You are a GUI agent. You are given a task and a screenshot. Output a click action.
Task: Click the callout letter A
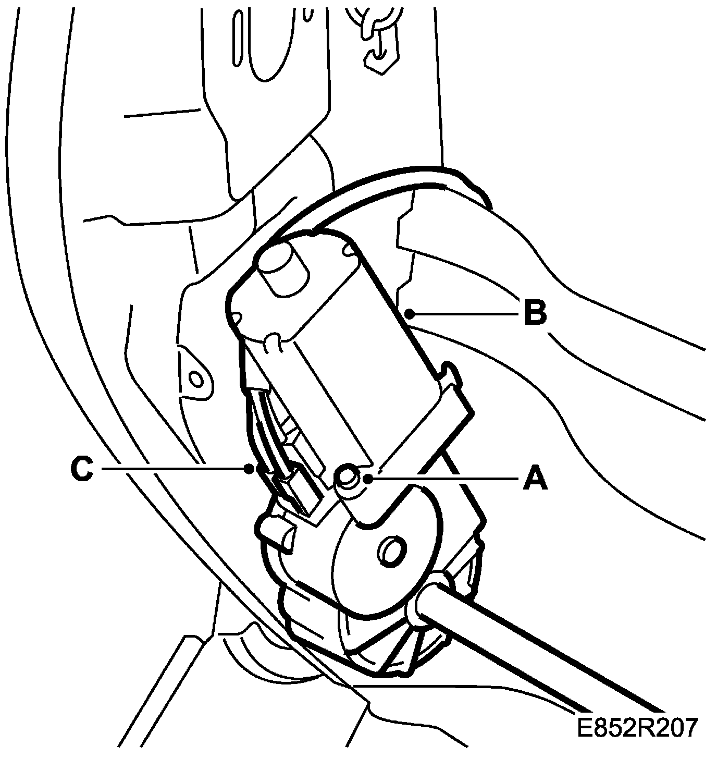click(535, 478)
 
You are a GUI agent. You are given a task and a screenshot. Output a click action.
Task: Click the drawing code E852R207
click(637, 727)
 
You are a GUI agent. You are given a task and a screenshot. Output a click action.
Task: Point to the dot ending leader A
click(368, 478)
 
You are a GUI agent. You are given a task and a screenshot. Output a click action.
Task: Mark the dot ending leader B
click(410, 313)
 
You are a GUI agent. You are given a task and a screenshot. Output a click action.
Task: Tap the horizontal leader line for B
click(464, 313)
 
